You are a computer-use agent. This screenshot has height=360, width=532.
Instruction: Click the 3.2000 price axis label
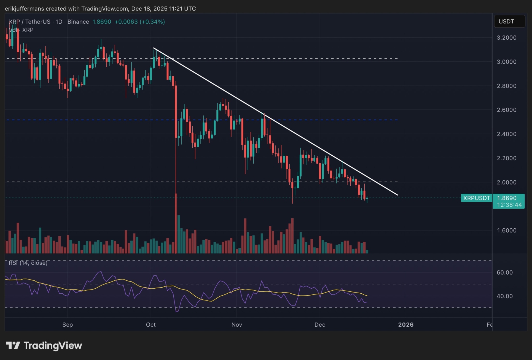(506, 38)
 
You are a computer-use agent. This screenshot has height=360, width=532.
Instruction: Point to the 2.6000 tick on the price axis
(506, 110)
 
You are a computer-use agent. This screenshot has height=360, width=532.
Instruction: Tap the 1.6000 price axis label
(506, 231)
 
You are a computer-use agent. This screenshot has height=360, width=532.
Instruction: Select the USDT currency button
(509, 21)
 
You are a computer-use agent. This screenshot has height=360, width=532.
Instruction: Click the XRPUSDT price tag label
(476, 198)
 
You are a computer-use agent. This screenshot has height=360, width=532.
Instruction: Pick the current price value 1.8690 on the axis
(506, 198)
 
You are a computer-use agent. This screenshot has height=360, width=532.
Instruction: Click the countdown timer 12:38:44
(509, 205)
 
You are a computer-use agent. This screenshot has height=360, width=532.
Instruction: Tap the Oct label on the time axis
(151, 325)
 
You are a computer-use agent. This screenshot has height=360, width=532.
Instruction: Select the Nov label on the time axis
(237, 325)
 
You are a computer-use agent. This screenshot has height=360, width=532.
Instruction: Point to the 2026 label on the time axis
(406, 325)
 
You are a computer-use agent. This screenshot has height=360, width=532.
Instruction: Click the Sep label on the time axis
(68, 325)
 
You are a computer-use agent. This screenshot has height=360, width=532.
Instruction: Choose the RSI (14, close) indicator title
(28, 263)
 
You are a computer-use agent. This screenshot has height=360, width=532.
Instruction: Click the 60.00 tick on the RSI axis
(504, 273)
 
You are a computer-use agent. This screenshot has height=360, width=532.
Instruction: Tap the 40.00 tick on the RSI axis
(504, 296)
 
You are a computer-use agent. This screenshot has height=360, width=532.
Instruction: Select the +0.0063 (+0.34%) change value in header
(139, 22)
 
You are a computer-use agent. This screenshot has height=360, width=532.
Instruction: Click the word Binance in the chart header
(78, 22)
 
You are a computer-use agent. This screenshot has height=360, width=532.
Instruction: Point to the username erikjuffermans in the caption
(24, 9)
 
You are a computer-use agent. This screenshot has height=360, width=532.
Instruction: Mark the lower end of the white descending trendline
(397, 195)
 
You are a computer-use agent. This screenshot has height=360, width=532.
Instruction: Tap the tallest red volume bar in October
(176, 223)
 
